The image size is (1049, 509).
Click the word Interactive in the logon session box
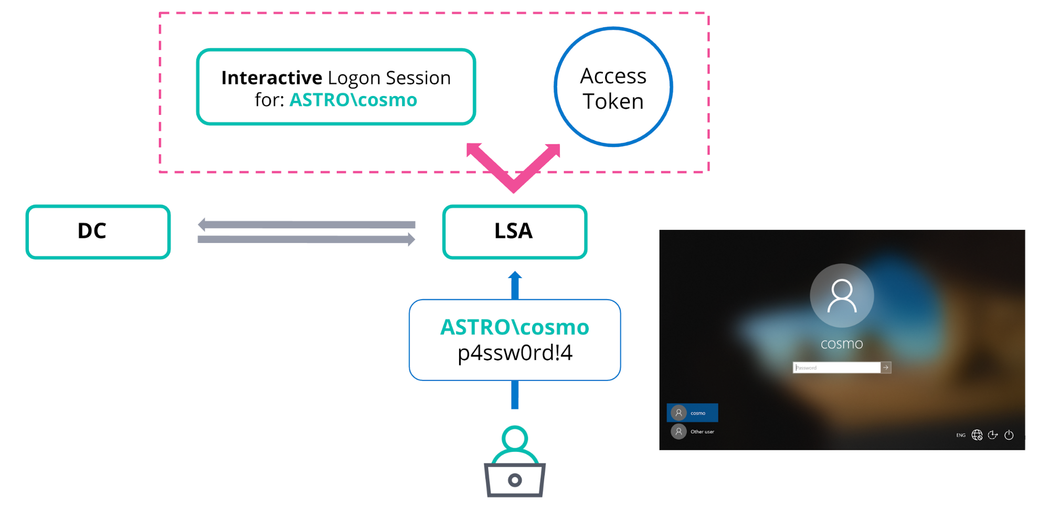tap(272, 78)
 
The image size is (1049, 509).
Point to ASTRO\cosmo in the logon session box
tap(353, 100)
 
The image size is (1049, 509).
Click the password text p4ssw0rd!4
tap(515, 353)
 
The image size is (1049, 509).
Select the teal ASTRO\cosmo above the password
tap(515, 327)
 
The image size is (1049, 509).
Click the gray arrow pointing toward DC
tap(306, 225)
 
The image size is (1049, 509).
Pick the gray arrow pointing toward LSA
tap(306, 240)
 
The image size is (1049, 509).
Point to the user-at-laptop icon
tap(515, 461)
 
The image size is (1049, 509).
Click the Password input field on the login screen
tap(836, 367)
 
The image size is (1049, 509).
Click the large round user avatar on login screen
tap(842, 296)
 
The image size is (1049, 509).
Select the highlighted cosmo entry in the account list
tap(692, 413)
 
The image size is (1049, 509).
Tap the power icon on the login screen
tap(1009, 435)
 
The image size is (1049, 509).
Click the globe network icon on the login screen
tap(977, 435)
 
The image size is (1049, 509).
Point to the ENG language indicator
tap(960, 435)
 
